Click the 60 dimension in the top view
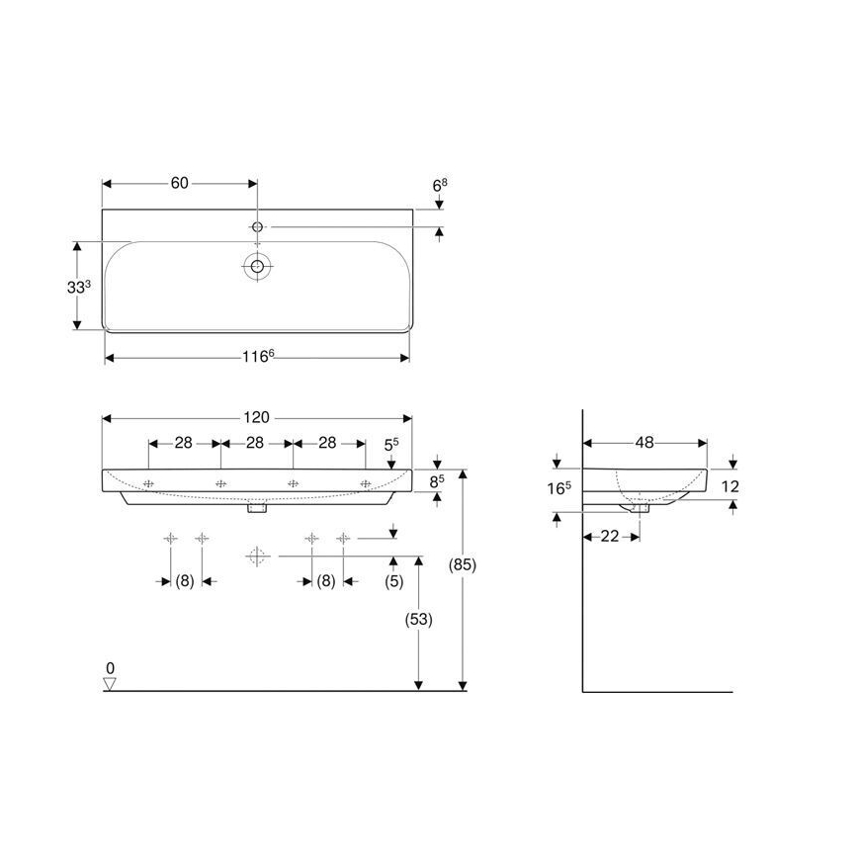pos(179,183)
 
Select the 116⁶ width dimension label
pos(257,357)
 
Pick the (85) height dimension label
pos(462,565)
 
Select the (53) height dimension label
pos(419,620)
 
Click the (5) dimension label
pos(393,582)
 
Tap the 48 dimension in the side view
pos(644,443)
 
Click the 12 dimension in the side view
pos(730,485)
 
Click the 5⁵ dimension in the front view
pos(390,445)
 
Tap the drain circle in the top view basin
pos(258,265)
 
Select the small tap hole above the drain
pos(257,227)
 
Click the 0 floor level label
pos(111,668)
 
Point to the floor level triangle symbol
pos(110,682)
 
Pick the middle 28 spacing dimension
pos(255,443)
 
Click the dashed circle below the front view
pos(257,556)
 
